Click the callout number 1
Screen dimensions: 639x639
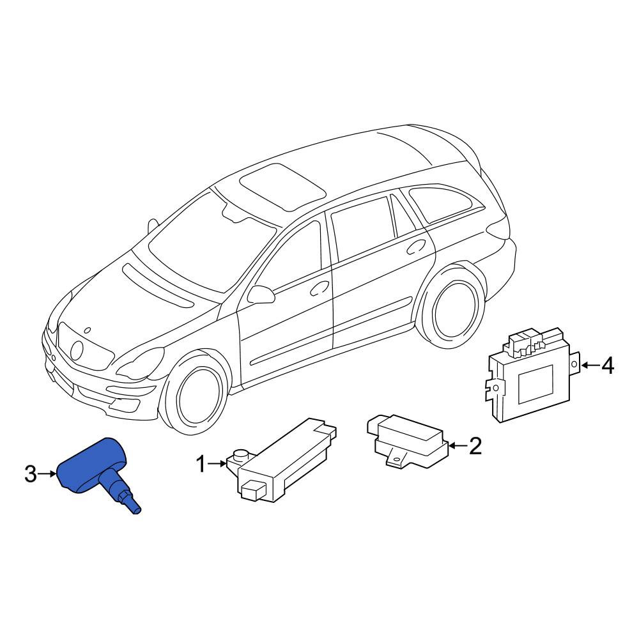(x=201, y=464)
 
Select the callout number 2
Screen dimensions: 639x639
(x=475, y=446)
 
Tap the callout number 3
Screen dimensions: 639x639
(x=31, y=474)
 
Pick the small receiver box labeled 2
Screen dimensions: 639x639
(x=408, y=441)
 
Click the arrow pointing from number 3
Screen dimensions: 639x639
(x=47, y=474)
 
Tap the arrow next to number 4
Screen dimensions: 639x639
(x=590, y=365)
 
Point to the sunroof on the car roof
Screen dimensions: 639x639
(x=282, y=187)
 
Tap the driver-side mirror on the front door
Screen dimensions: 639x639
(x=261, y=294)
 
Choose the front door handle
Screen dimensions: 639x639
(x=321, y=288)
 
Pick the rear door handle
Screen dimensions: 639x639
(x=417, y=247)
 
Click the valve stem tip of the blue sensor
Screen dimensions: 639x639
(x=137, y=510)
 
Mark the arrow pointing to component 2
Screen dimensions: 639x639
(x=458, y=446)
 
